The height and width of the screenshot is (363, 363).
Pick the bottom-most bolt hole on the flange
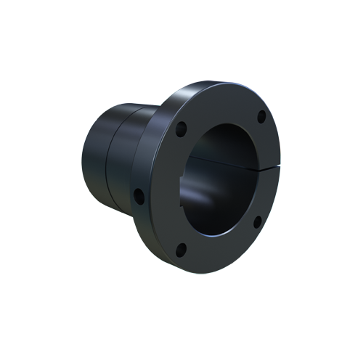point(181,250)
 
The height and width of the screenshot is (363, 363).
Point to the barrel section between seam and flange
point(123,160)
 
